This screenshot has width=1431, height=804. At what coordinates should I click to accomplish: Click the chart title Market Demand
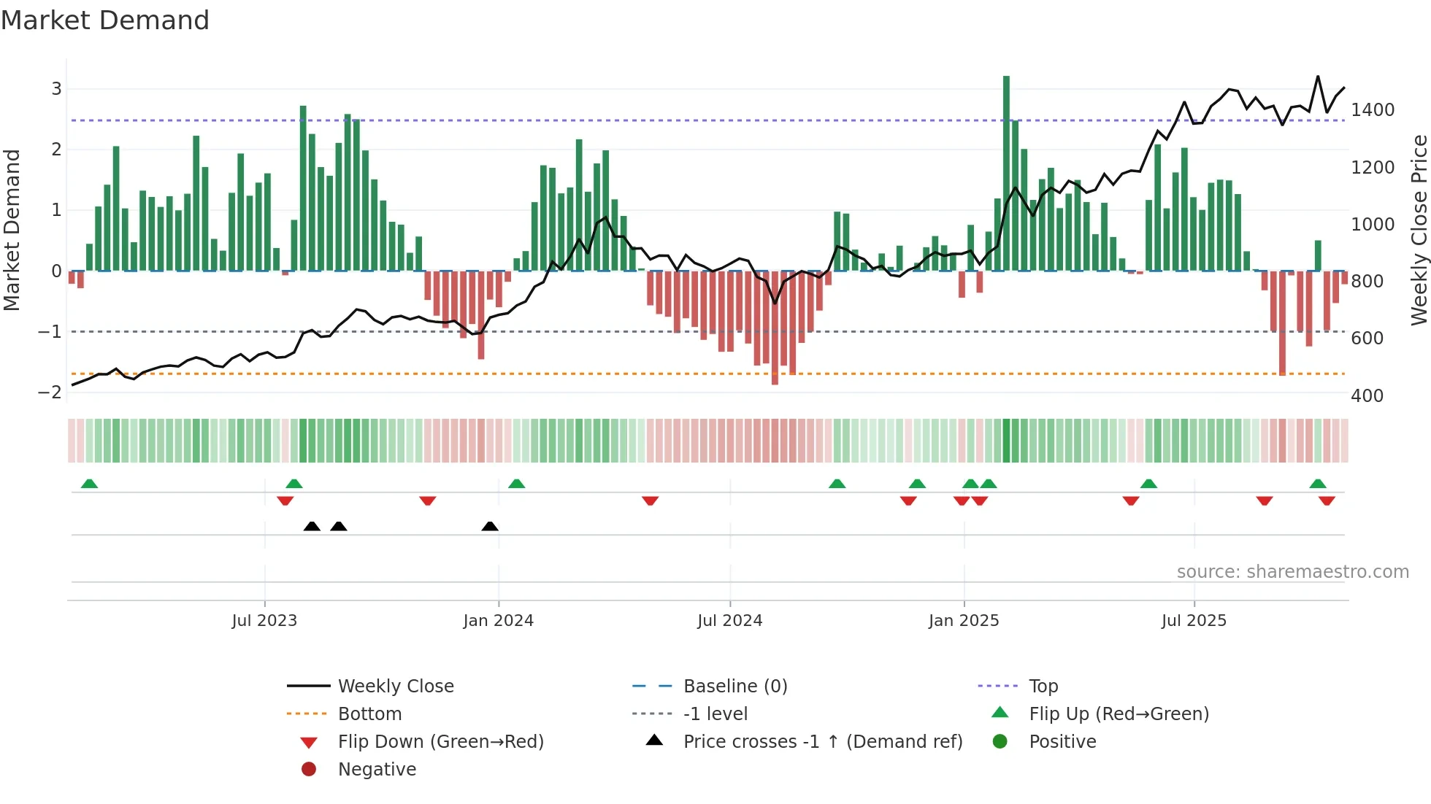(x=105, y=20)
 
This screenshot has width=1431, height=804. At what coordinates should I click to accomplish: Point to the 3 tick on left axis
(x=56, y=89)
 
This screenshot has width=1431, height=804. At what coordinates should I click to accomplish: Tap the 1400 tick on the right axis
(x=1373, y=110)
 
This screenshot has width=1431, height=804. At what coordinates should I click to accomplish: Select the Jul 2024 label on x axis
(x=729, y=621)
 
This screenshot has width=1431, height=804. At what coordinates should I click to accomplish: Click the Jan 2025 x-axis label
(x=964, y=621)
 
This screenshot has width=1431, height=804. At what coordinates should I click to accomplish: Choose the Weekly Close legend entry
(x=395, y=687)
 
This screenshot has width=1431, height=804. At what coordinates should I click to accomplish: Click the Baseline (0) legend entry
(x=734, y=687)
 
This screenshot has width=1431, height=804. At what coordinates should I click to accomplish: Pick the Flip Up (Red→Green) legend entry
(x=1119, y=714)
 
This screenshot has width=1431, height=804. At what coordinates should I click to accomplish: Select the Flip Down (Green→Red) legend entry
(x=440, y=742)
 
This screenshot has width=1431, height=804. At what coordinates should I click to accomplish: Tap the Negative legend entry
(x=377, y=770)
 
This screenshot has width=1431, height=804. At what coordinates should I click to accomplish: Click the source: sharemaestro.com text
(x=1292, y=572)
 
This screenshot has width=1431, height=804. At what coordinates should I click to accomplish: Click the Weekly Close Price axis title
(x=1419, y=230)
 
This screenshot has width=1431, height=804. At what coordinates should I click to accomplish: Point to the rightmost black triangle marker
(x=490, y=526)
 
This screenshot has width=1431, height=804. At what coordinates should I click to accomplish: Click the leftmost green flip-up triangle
(x=89, y=484)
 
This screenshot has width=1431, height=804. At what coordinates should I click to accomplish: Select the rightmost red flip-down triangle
(x=1327, y=500)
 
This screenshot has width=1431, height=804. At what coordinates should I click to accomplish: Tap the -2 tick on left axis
(x=50, y=393)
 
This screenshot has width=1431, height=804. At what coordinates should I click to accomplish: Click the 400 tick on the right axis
(x=1367, y=396)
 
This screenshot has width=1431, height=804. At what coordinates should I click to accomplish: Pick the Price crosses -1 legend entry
(x=822, y=742)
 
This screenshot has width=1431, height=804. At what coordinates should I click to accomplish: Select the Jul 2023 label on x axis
(x=264, y=621)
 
